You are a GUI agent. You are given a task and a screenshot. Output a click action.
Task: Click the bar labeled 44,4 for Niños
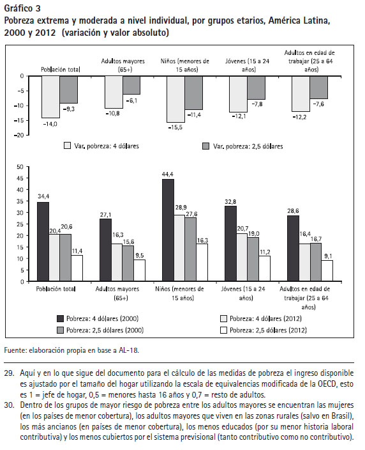(168, 230)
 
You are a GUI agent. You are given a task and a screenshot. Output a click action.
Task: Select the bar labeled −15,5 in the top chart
(176, 99)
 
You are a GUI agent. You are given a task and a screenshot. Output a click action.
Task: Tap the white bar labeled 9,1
(327, 270)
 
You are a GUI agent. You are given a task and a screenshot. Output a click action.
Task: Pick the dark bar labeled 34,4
(43, 242)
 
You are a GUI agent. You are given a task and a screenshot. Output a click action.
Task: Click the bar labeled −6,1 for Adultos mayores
(131, 85)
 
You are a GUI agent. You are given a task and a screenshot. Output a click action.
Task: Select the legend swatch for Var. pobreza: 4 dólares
(67, 146)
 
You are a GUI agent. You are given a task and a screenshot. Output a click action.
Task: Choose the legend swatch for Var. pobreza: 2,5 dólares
(205, 146)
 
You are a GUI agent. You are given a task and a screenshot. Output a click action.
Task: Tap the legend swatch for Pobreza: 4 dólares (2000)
(60, 318)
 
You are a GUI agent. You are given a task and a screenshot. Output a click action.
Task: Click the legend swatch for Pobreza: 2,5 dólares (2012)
(223, 330)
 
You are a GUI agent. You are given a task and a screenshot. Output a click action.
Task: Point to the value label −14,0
(50, 124)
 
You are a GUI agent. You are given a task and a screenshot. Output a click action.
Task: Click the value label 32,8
(230, 202)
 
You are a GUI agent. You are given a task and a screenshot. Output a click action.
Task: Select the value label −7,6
(318, 104)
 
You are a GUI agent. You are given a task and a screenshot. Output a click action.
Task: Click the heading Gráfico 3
(22, 8)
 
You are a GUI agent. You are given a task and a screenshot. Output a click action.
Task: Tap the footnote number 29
(9, 373)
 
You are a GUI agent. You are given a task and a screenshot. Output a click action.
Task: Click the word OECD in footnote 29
(327, 384)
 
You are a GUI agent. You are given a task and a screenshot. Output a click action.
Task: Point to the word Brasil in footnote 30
(341, 416)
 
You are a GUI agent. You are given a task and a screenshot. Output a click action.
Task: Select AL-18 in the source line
(128, 350)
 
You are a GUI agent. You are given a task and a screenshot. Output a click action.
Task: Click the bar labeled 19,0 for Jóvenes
(253, 259)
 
